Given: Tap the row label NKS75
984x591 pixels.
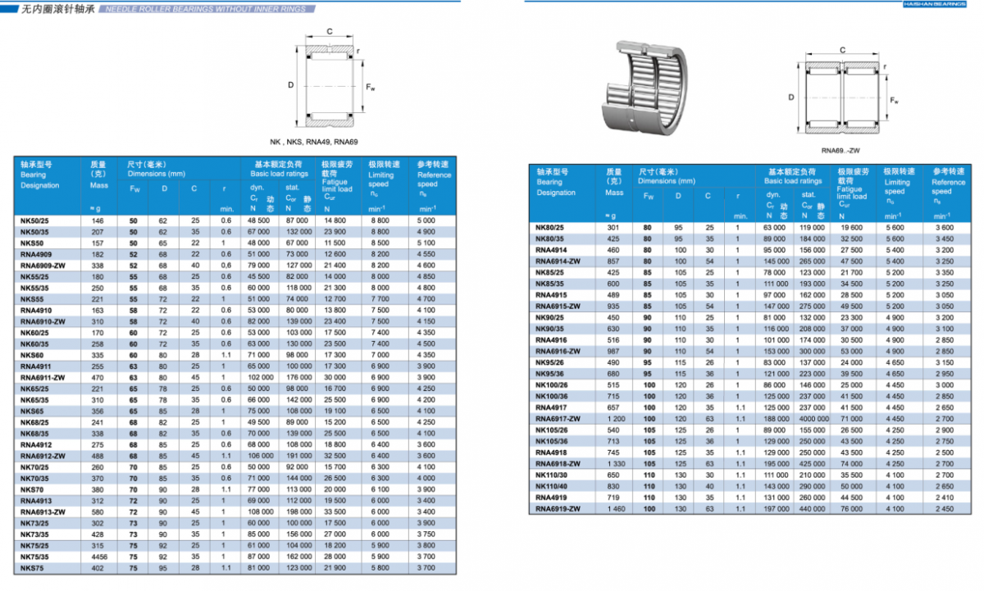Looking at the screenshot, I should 32,568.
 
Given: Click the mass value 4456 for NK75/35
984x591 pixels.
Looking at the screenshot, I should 98,557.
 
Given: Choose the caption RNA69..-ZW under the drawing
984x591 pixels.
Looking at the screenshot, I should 840,151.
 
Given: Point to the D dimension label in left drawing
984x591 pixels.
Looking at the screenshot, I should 290,85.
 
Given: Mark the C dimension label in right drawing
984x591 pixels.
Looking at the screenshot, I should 842,51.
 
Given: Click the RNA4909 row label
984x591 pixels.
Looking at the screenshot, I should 36,255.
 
